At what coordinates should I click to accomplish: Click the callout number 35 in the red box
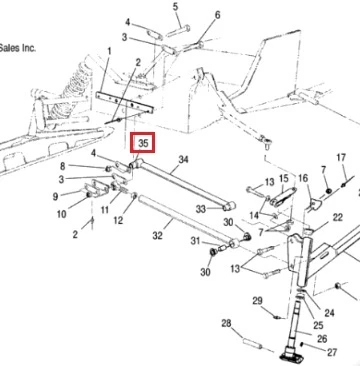[x=143, y=143]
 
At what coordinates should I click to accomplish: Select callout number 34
[x=183, y=160]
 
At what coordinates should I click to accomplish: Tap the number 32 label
[x=157, y=236]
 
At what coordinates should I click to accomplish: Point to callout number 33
[x=201, y=209]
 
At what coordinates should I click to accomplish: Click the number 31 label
[x=196, y=241]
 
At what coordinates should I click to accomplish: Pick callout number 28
[x=226, y=323]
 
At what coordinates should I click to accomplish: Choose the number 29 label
[x=257, y=301]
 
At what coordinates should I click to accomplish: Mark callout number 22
[x=337, y=218]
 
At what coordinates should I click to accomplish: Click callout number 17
[x=341, y=157]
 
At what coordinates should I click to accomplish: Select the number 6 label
[x=217, y=15]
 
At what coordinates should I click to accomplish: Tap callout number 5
[x=175, y=6]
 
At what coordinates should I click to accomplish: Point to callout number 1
[x=109, y=52]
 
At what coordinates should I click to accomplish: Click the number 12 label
[x=118, y=220]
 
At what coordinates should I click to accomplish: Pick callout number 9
[x=55, y=197]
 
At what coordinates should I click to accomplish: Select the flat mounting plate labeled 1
[x=124, y=103]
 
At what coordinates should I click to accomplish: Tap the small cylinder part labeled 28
[x=252, y=343]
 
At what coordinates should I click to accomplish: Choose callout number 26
[x=322, y=339]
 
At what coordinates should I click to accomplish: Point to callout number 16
[x=303, y=178]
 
